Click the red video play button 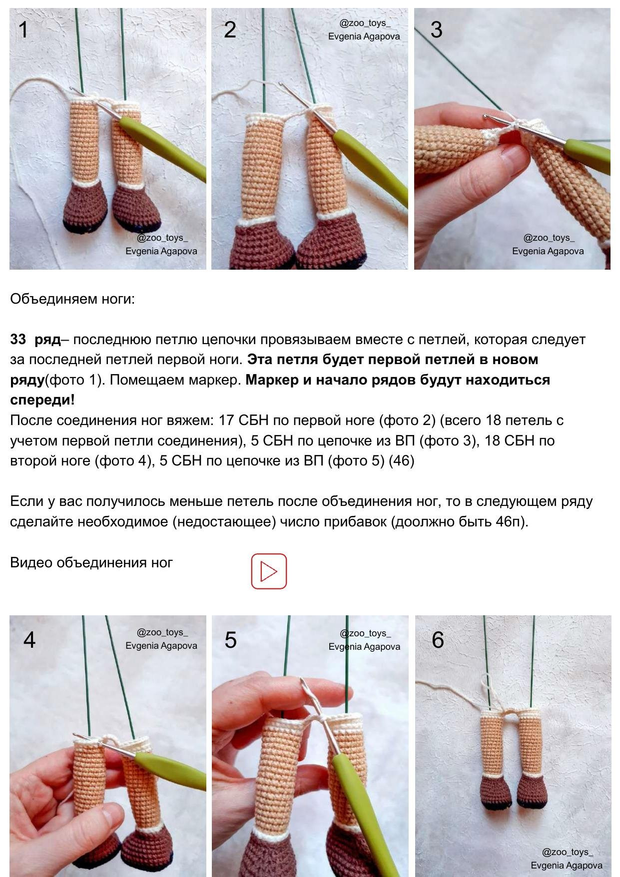tap(269, 571)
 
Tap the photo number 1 tap(23, 30)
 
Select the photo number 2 tap(230, 30)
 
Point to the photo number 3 tap(436, 30)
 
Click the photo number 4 tap(29, 640)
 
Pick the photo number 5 tap(230, 640)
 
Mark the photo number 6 tap(438, 640)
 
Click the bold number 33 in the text tap(18, 339)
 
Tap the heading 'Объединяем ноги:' tap(72, 299)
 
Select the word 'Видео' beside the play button tap(31, 562)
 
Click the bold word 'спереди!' tap(42, 400)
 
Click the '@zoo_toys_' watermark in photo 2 tap(365, 23)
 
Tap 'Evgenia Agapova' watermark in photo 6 tap(567, 865)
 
